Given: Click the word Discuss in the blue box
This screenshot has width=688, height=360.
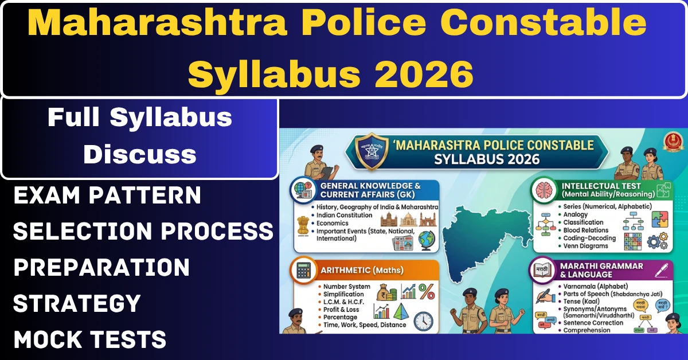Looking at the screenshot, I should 140,154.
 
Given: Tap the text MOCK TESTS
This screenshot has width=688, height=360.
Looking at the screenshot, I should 90,339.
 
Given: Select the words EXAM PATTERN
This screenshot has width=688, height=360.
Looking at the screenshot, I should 107,195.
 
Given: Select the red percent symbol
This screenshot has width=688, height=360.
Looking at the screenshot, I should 426,291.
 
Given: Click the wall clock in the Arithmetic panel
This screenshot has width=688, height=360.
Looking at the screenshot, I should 423,320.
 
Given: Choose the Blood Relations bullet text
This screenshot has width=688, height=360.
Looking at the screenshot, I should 585,230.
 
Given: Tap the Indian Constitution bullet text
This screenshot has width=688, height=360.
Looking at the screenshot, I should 344,216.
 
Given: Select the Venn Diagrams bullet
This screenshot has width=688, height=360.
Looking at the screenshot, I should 584,246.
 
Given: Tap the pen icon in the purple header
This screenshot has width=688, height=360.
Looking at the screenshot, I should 663,268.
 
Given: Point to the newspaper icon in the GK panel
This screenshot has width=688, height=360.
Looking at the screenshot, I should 401,242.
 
